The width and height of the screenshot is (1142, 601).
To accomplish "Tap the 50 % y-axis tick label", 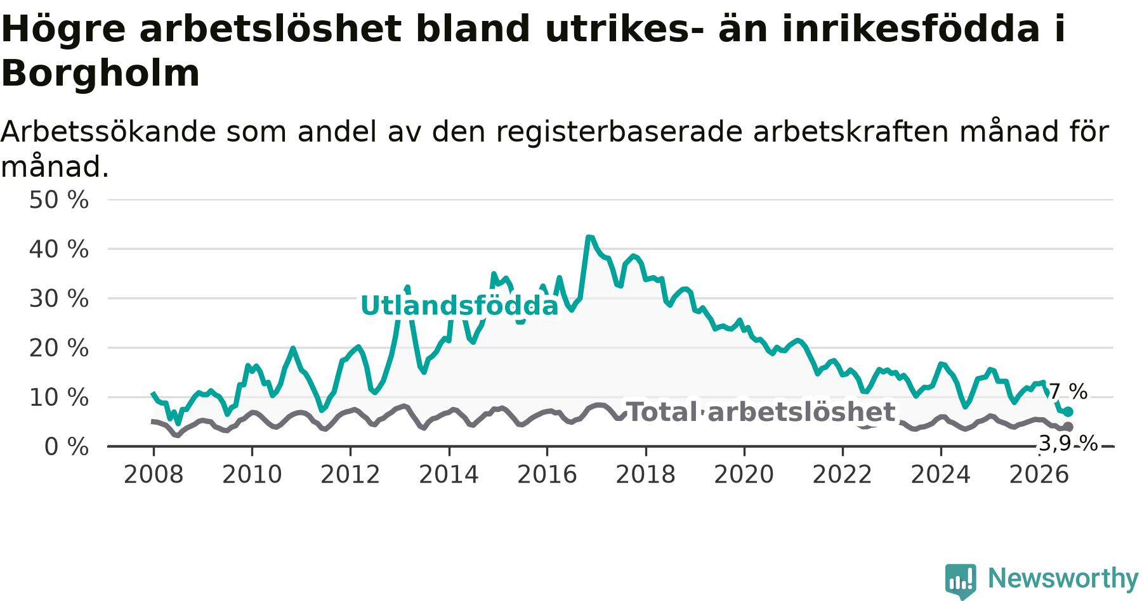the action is click(x=59, y=200).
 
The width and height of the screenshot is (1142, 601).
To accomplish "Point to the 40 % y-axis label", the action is click(x=59, y=249).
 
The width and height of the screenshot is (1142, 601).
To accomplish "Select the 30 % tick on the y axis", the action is click(x=59, y=299).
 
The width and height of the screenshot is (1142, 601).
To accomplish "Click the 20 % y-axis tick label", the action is click(x=59, y=348).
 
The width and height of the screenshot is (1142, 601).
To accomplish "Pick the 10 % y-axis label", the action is click(x=59, y=397).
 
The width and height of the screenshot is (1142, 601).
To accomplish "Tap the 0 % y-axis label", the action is click(x=67, y=447).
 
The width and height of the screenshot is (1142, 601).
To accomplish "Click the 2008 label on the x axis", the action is click(x=154, y=475).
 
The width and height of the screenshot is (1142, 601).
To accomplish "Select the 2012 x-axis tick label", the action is click(x=350, y=475).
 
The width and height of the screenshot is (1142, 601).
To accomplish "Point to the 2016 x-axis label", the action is click(x=548, y=475).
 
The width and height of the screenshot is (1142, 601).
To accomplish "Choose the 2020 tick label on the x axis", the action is click(x=744, y=475).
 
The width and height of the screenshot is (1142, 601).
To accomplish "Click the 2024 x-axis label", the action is click(x=941, y=475).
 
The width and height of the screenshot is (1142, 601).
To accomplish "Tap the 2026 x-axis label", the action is click(x=1039, y=475).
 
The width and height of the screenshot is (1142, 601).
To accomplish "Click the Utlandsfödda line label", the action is click(x=459, y=306).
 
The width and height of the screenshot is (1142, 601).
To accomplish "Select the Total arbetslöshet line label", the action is click(x=761, y=412).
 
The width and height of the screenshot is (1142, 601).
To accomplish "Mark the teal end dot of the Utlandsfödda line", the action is click(x=1068, y=412).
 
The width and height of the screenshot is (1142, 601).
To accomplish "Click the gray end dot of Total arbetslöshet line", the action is click(x=1068, y=427).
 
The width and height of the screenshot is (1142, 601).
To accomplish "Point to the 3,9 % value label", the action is click(x=1068, y=444).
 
